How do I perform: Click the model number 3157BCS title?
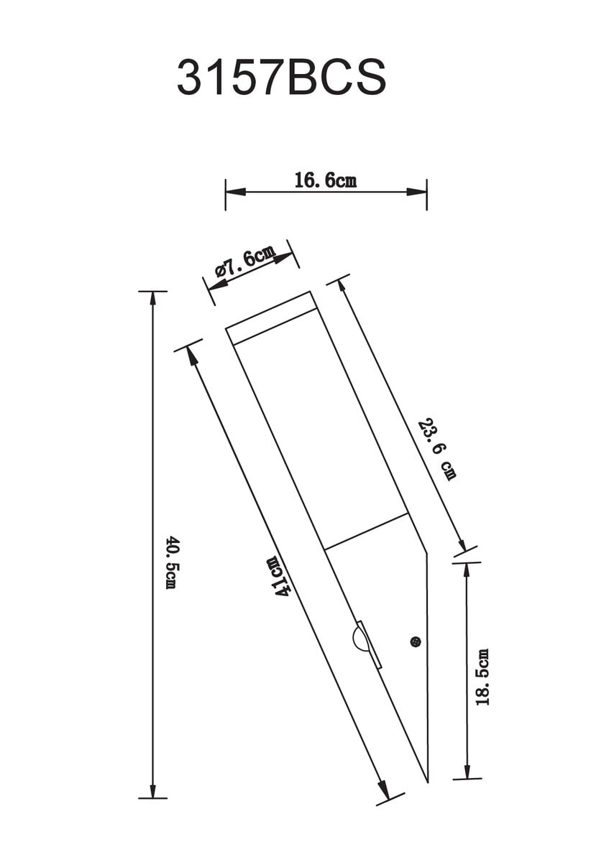pos(281,78)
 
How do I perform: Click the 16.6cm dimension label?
pos(326,180)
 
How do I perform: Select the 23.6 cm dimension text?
pos(437,450)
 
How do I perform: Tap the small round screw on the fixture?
pos(416,641)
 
